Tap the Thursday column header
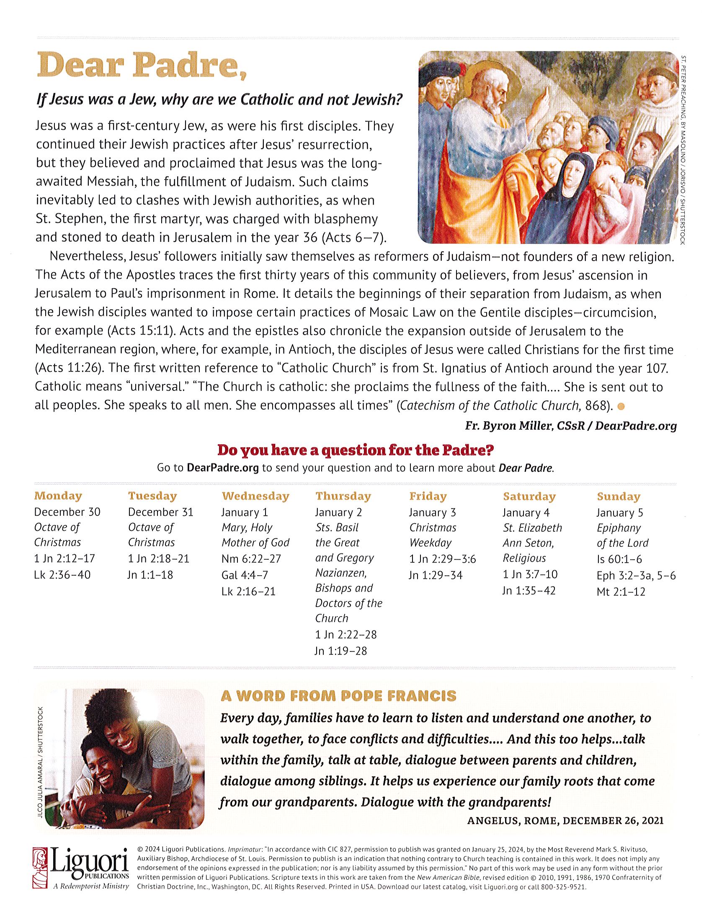click(x=343, y=496)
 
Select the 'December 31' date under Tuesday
click(x=160, y=512)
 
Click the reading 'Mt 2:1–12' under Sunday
click(x=621, y=592)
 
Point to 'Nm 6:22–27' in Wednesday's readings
click(x=251, y=558)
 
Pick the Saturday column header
click(x=529, y=496)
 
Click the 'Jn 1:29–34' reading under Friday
click(x=436, y=575)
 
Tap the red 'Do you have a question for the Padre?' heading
click(x=355, y=451)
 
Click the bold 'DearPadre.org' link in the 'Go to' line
click(x=222, y=468)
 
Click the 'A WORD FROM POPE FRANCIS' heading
click(x=338, y=696)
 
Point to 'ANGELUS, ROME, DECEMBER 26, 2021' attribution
click(x=565, y=820)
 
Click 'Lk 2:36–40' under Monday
click(x=62, y=574)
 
